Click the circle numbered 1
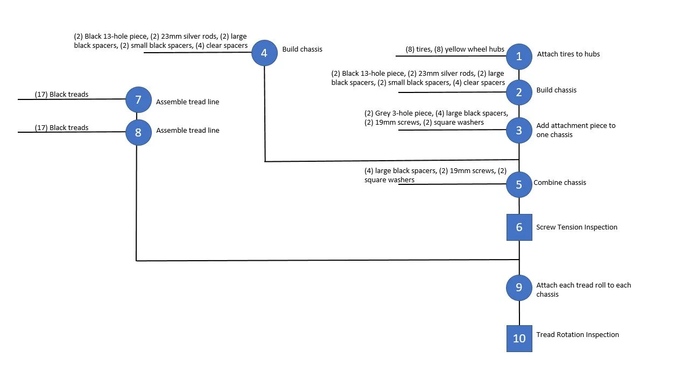point(519,56)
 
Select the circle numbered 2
point(519,92)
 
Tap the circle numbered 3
point(519,130)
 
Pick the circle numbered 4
point(264,53)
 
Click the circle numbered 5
point(519,184)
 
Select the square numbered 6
point(519,227)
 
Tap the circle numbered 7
point(138,99)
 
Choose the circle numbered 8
point(138,132)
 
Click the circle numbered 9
point(519,288)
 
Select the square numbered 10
point(519,338)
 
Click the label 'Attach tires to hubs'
point(568,54)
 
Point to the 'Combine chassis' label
point(560,183)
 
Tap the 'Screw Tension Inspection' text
point(576,227)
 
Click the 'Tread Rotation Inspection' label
point(578,335)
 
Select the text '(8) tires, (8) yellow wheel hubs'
point(455,49)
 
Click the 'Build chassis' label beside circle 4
point(303,49)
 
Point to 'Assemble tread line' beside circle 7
point(187,102)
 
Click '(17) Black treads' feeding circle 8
point(61,128)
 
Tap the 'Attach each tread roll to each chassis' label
point(583,290)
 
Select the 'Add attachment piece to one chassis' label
point(575,130)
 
